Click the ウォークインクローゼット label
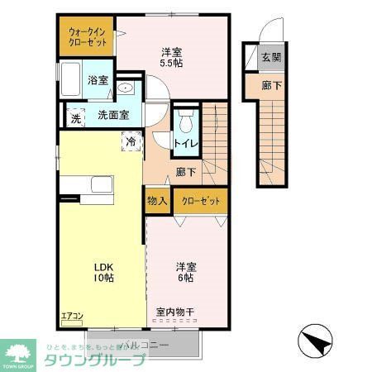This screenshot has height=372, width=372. (85, 36)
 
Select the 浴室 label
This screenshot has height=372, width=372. (98, 80)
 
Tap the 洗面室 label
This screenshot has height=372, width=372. (113, 115)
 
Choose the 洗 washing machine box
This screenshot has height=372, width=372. (74, 117)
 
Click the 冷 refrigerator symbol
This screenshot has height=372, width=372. (131, 141)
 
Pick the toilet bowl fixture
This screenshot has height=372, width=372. (186, 122)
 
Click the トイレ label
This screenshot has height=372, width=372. (184, 143)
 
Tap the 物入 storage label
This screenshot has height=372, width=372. (157, 201)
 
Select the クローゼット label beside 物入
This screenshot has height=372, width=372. (199, 201)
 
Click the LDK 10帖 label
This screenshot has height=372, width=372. (103, 272)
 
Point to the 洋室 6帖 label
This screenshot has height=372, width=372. (184, 272)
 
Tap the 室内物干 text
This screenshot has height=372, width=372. (175, 312)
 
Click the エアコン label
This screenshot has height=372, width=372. (73, 315)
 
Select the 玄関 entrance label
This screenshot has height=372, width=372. (271, 57)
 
